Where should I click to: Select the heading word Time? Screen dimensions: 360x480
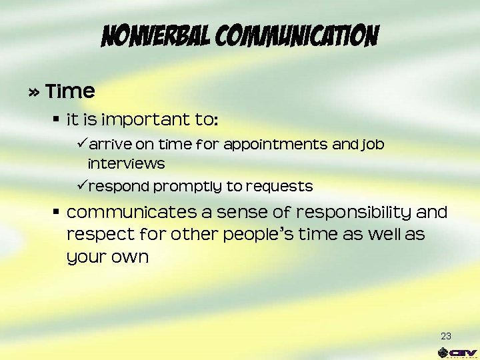click(71, 91)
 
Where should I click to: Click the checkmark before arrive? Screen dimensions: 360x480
click(84, 144)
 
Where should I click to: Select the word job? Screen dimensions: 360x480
click(373, 145)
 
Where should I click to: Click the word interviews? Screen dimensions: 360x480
click(126, 163)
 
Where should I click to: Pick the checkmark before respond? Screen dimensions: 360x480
click(84, 185)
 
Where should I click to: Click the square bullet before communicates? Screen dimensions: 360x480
click(57, 212)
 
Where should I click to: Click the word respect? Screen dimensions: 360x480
click(94, 235)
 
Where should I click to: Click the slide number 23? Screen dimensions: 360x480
click(446, 335)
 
